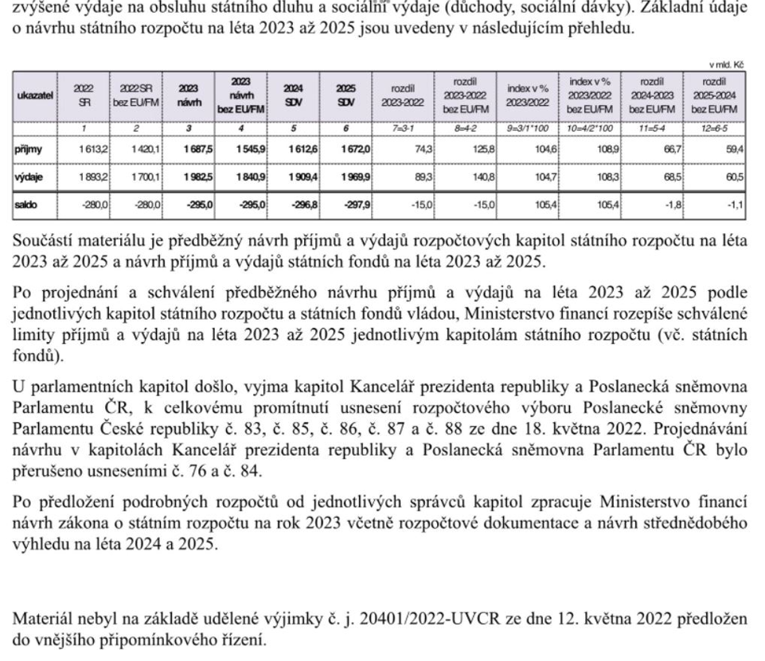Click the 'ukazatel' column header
34,95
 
